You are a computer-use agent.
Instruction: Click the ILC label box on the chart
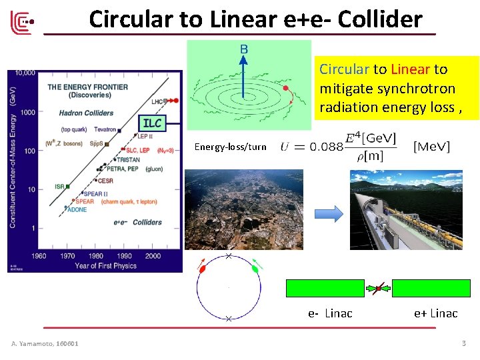(152, 123)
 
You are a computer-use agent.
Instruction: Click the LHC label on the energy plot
(157, 101)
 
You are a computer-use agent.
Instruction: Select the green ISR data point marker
(67, 187)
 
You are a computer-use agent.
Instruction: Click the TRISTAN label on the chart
(137, 159)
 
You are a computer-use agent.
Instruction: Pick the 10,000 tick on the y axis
(25, 73)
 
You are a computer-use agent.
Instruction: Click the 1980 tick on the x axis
(95, 255)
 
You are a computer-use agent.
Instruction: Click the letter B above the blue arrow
(244, 48)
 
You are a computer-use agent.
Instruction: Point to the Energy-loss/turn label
(230, 147)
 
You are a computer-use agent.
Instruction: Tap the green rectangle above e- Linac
(325, 288)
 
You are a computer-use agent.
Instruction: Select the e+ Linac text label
(435, 313)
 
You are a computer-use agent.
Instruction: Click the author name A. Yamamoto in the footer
(45, 343)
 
